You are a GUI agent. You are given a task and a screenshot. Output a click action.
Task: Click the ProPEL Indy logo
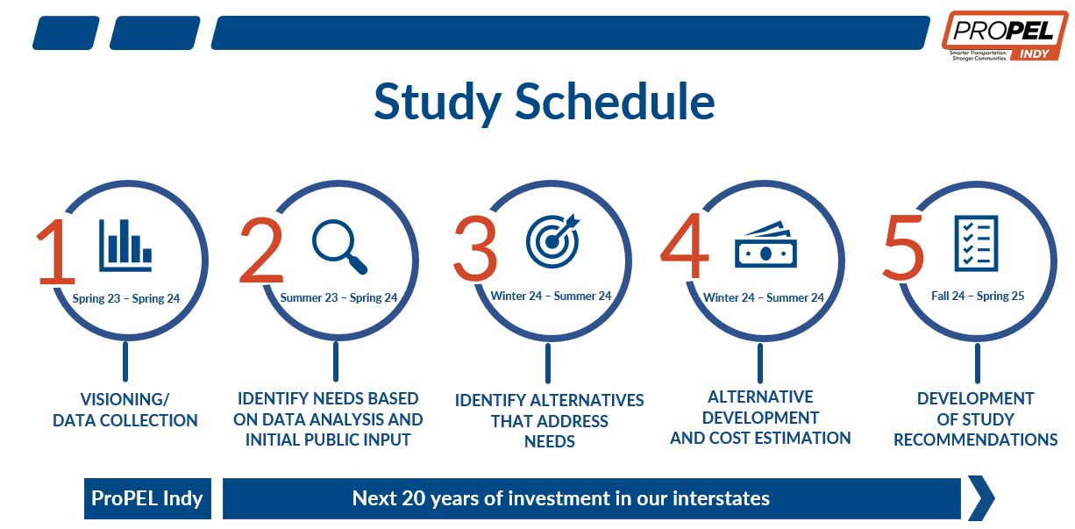[1005, 36]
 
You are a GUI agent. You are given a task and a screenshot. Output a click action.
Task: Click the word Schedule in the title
[615, 101]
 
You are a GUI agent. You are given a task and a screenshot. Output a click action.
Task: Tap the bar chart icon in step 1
[125, 246]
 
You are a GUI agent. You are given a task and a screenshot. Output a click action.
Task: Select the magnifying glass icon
[339, 247]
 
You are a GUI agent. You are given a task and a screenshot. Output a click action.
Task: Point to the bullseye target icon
[553, 240]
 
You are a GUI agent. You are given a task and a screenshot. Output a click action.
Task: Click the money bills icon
[765, 245]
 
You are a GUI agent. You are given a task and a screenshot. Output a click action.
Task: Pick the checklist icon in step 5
[976, 243]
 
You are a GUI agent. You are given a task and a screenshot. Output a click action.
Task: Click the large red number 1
[57, 251]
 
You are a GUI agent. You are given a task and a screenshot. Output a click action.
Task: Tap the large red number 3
[475, 247]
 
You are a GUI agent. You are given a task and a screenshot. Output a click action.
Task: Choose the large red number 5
[903, 247]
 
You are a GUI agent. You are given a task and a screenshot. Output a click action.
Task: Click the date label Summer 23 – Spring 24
[338, 297]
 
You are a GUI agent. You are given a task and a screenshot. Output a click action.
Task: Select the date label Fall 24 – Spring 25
[978, 296]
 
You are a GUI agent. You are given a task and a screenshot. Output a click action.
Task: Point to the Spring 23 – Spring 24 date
[125, 298]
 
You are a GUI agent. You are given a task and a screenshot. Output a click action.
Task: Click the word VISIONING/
[125, 399]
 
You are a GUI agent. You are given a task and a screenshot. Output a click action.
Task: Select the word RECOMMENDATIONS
[975, 440]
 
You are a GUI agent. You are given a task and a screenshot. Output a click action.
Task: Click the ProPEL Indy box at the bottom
[147, 498]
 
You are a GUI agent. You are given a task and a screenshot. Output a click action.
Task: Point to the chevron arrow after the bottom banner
[981, 498]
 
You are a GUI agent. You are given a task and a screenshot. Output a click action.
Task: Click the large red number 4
[685, 246]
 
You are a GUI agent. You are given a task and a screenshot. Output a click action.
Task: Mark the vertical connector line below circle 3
[548, 363]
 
